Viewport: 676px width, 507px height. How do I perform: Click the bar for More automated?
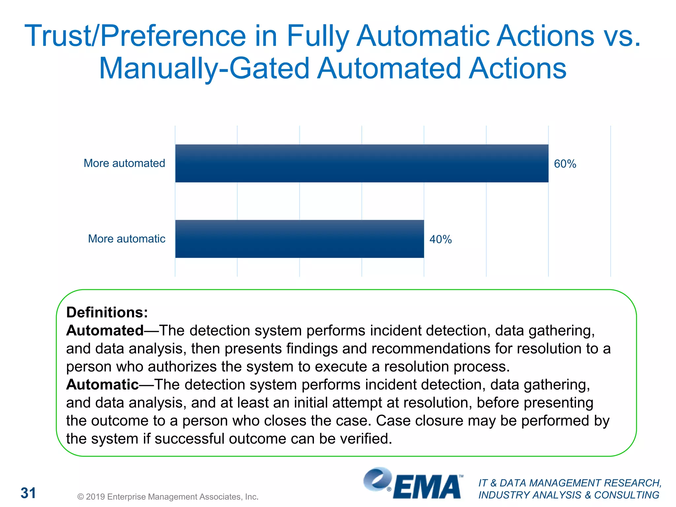pyautogui.click(x=361, y=163)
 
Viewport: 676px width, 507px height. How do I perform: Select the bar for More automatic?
pyautogui.click(x=299, y=239)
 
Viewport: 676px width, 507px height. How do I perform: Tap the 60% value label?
pyautogui.click(x=565, y=164)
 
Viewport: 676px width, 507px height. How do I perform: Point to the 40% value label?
pyautogui.click(x=440, y=239)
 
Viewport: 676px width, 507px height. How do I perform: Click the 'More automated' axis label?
pyautogui.click(x=124, y=163)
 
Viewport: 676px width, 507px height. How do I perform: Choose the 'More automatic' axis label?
pyautogui.click(x=126, y=239)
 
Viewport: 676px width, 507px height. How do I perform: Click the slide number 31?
pyautogui.click(x=28, y=493)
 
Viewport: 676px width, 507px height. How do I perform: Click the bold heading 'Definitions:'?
pyautogui.click(x=107, y=312)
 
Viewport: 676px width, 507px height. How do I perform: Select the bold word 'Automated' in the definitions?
pyautogui.click(x=105, y=330)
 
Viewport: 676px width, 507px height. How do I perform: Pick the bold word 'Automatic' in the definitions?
pyautogui.click(x=102, y=385)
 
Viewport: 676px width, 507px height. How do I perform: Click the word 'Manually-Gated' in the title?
pyautogui.click(x=204, y=68)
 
